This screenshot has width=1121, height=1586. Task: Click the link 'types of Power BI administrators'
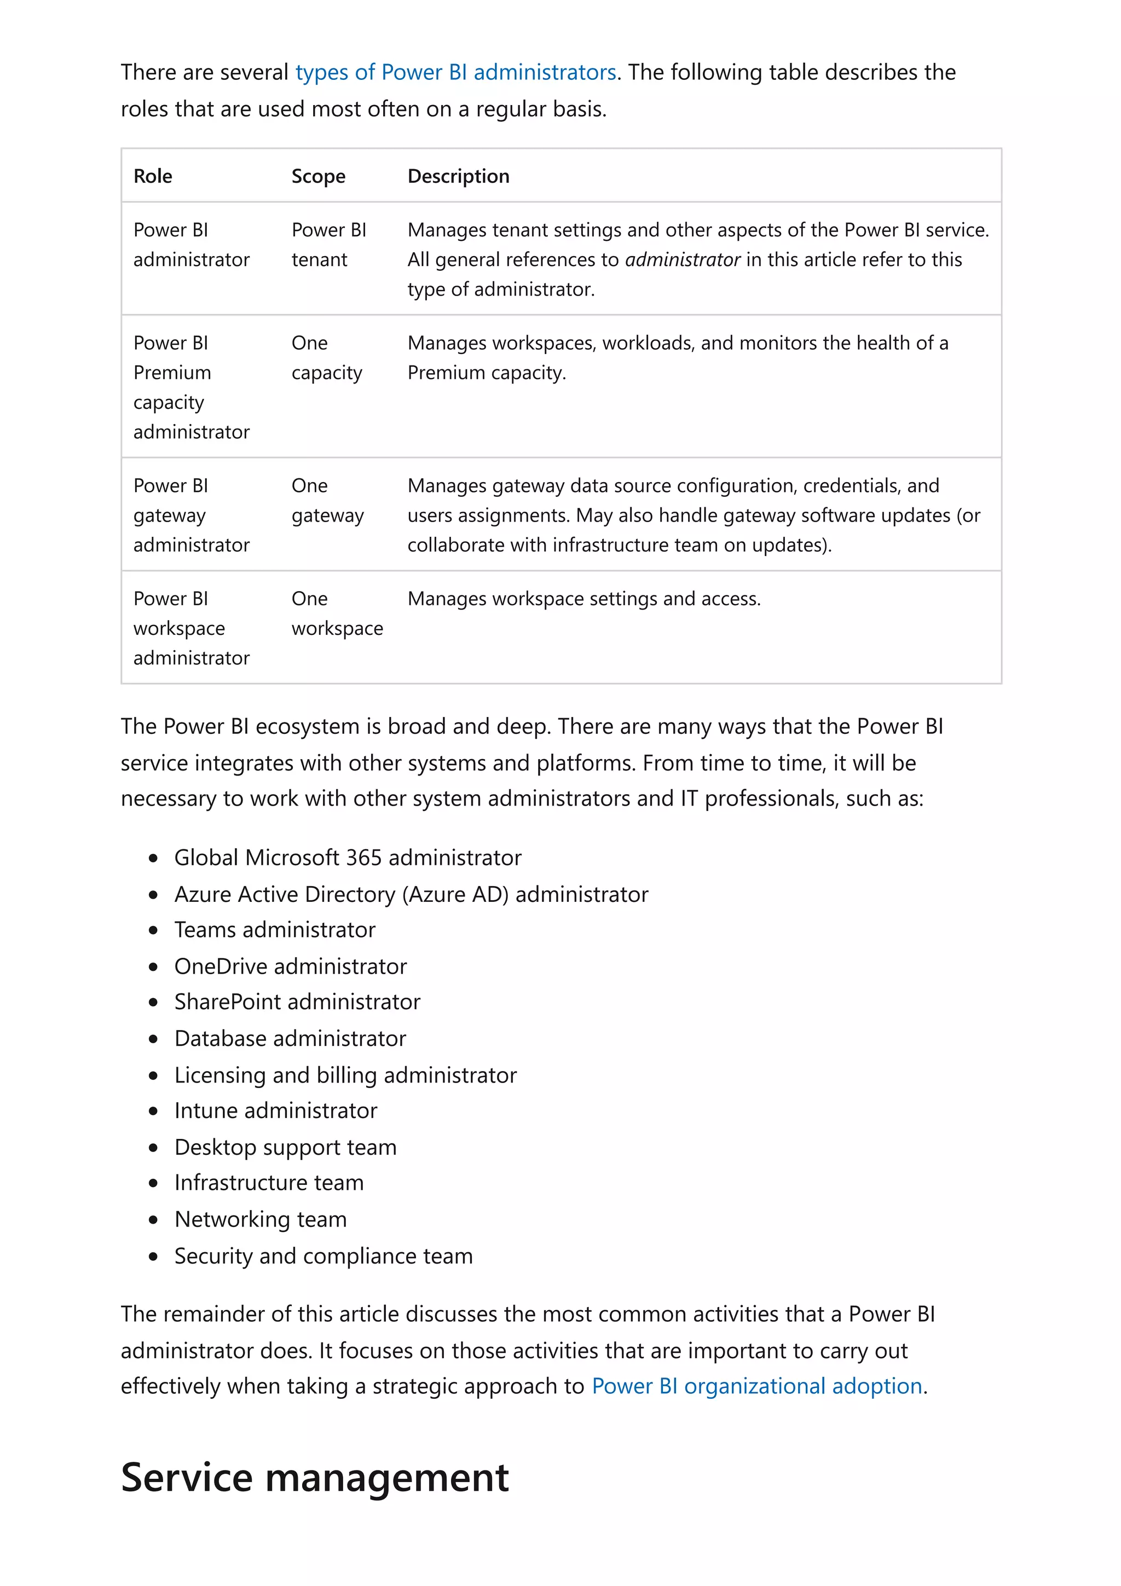coord(455,73)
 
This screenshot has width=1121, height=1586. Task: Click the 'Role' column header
coord(153,176)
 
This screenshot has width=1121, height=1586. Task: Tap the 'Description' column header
coord(458,176)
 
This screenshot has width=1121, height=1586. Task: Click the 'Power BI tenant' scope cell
coord(329,245)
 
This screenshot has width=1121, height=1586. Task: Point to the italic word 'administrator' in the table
coord(683,260)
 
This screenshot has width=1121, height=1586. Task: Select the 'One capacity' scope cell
coord(326,358)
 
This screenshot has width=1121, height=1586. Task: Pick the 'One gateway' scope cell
coord(327,501)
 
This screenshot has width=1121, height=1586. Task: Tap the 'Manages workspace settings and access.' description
coord(583,599)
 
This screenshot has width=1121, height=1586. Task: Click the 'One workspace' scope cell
coord(337,613)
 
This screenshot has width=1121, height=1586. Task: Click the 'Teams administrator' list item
coord(274,930)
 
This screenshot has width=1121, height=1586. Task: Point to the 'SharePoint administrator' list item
coord(297,1002)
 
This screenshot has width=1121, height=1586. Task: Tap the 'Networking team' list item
coord(261,1219)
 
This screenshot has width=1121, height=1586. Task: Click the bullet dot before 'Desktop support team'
coord(153,1148)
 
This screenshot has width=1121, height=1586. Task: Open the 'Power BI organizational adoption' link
coord(756,1386)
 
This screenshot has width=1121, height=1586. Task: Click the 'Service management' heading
coord(314,1478)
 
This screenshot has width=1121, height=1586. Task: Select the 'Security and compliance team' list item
coord(323,1256)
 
